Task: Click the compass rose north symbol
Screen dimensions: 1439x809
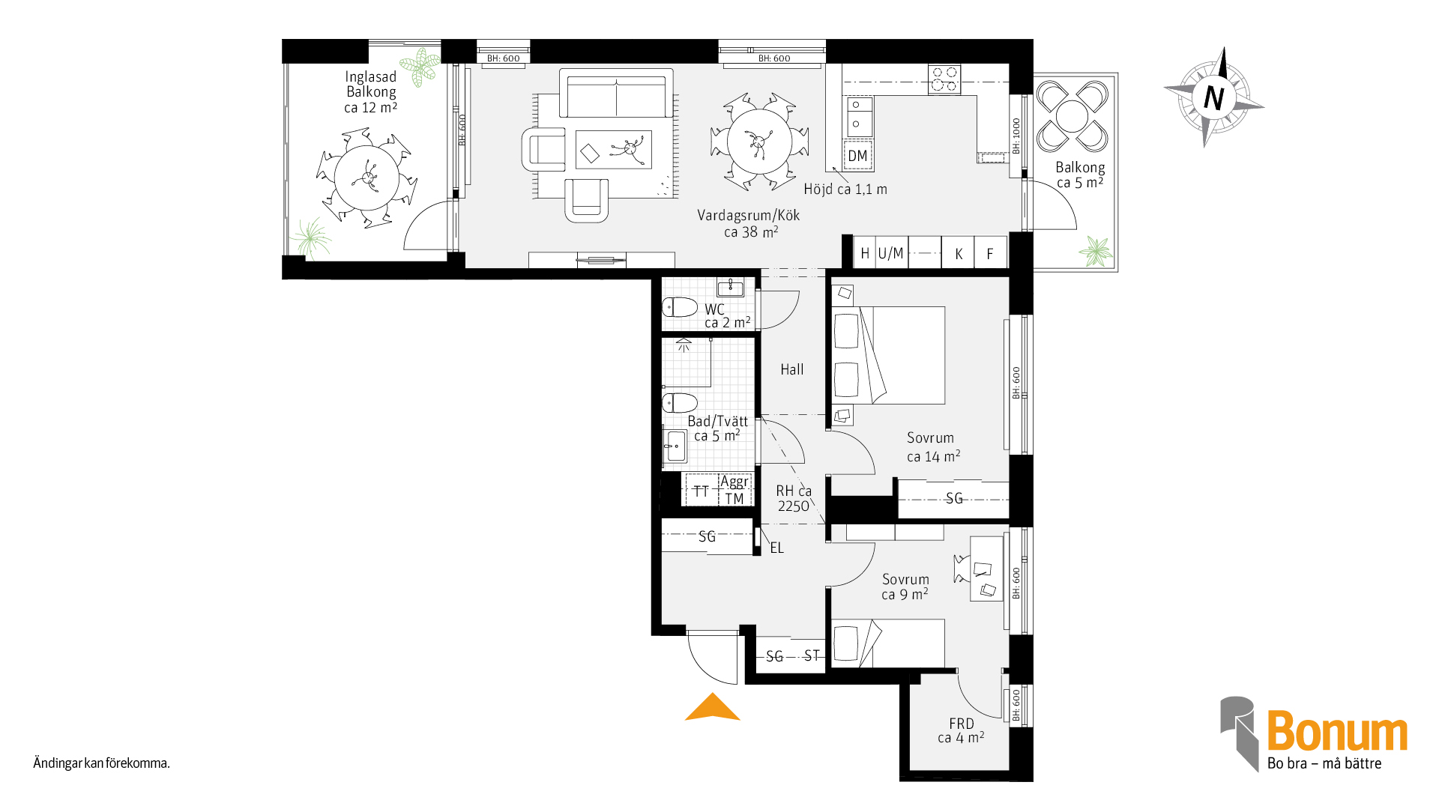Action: [1213, 97]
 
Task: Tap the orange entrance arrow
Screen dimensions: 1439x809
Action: [712, 707]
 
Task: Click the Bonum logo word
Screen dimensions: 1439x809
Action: [1337, 731]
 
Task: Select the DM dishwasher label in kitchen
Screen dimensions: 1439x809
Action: [857, 156]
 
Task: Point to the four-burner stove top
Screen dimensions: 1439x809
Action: [944, 79]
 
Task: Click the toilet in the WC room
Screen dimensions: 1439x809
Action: [679, 307]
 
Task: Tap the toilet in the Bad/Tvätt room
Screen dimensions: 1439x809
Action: [679, 403]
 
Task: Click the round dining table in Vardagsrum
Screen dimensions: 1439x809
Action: [759, 142]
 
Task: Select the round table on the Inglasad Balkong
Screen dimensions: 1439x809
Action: [366, 178]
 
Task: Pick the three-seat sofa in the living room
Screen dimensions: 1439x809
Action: [616, 93]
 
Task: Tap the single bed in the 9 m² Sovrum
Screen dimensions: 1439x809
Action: [888, 643]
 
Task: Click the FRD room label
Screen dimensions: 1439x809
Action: [962, 724]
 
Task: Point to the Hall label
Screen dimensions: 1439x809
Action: [791, 369]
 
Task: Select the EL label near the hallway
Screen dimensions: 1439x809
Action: [776, 548]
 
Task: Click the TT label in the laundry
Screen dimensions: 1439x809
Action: [701, 491]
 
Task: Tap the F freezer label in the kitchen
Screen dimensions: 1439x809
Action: [990, 254]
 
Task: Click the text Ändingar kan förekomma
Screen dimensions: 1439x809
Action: [101, 763]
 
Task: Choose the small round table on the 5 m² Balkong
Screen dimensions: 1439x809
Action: [1072, 116]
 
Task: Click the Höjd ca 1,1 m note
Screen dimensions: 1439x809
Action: [845, 190]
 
